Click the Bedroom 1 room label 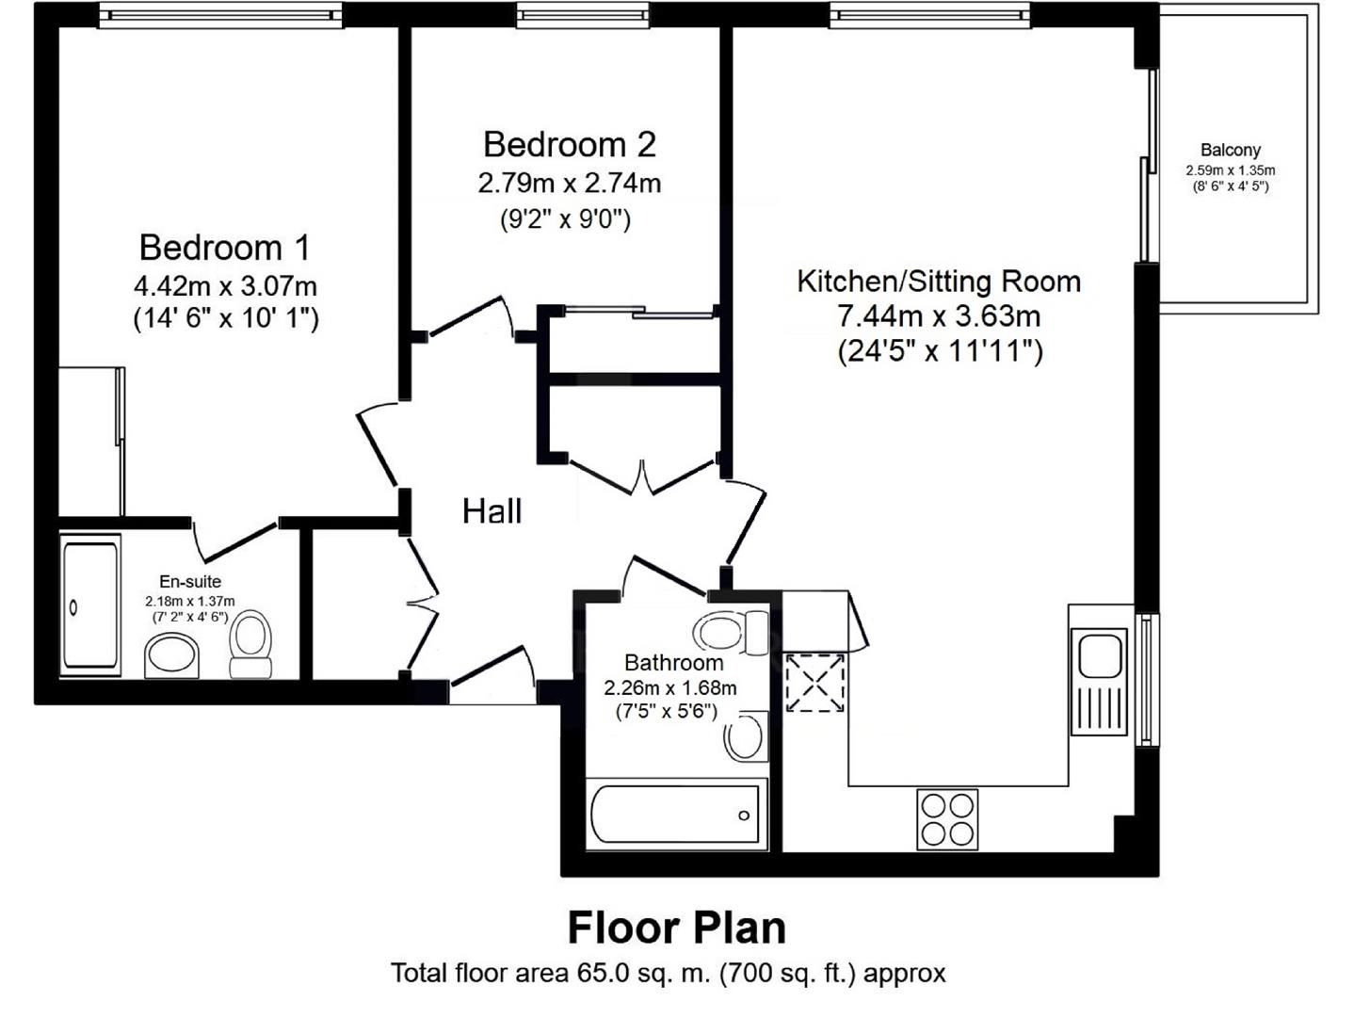tap(224, 248)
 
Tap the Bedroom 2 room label tap(569, 145)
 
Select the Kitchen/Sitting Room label tap(938, 282)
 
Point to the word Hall tap(492, 511)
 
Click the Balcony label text tap(1230, 150)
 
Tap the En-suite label tap(189, 582)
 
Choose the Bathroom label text tap(673, 663)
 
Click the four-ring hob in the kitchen tap(947, 819)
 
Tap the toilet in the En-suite tap(250, 644)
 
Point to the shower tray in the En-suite tap(90, 605)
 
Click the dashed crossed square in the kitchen tap(814, 682)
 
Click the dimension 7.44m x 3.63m tap(939, 316)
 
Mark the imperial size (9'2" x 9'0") tap(565, 219)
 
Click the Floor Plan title tap(676, 928)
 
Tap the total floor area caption tap(668, 973)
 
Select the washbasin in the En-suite tap(172, 654)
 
